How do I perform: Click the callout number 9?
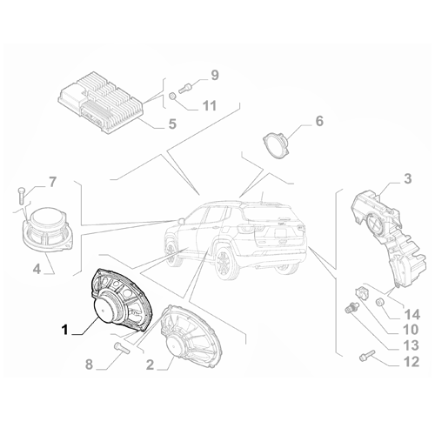[214, 75]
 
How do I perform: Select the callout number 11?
[209, 106]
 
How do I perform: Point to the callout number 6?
[318, 122]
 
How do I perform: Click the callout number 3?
[406, 180]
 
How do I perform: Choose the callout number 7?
[52, 182]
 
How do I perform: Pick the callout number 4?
[37, 269]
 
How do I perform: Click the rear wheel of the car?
[224, 261]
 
